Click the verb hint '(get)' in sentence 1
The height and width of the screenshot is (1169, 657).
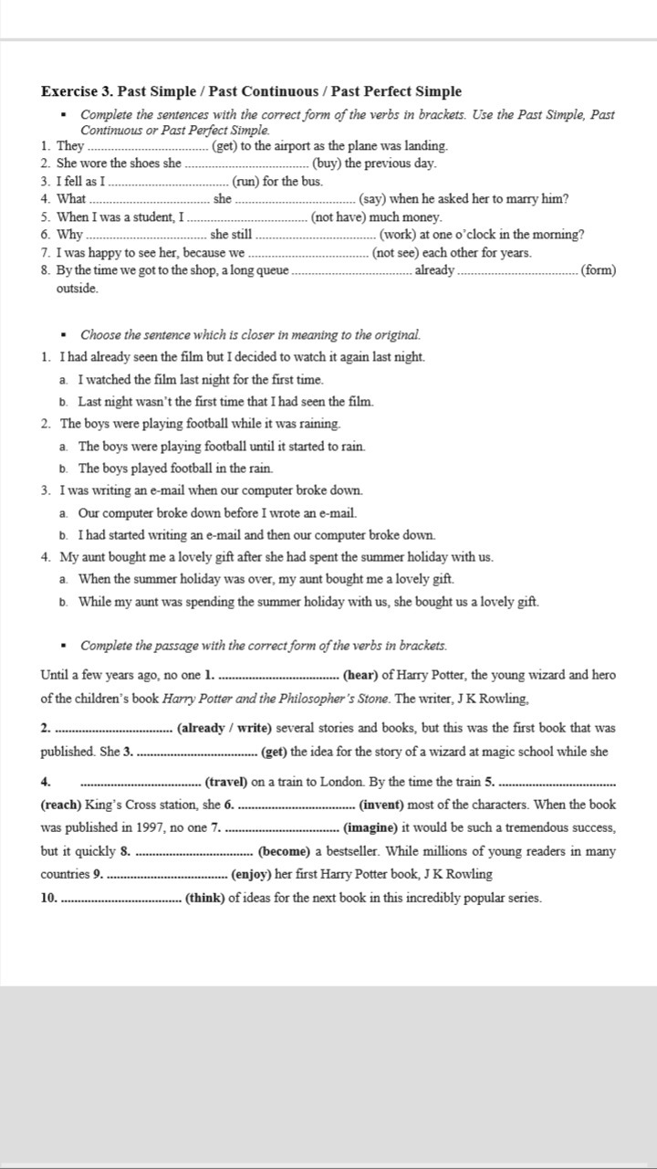(x=226, y=146)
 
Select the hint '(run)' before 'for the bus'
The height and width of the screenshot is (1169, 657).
(x=246, y=181)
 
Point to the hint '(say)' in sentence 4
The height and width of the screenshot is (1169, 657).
(x=374, y=199)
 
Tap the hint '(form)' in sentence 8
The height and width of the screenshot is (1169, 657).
(x=599, y=270)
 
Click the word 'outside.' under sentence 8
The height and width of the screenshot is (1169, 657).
(x=77, y=289)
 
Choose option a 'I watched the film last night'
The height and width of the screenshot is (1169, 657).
(x=201, y=380)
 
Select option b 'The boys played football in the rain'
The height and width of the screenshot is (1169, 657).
(x=175, y=469)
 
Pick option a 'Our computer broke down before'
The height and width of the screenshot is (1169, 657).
(x=217, y=513)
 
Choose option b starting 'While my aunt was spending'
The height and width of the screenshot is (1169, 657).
(x=308, y=602)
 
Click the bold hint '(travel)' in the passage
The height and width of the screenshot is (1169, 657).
(x=226, y=782)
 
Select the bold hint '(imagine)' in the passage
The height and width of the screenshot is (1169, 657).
(x=370, y=828)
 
